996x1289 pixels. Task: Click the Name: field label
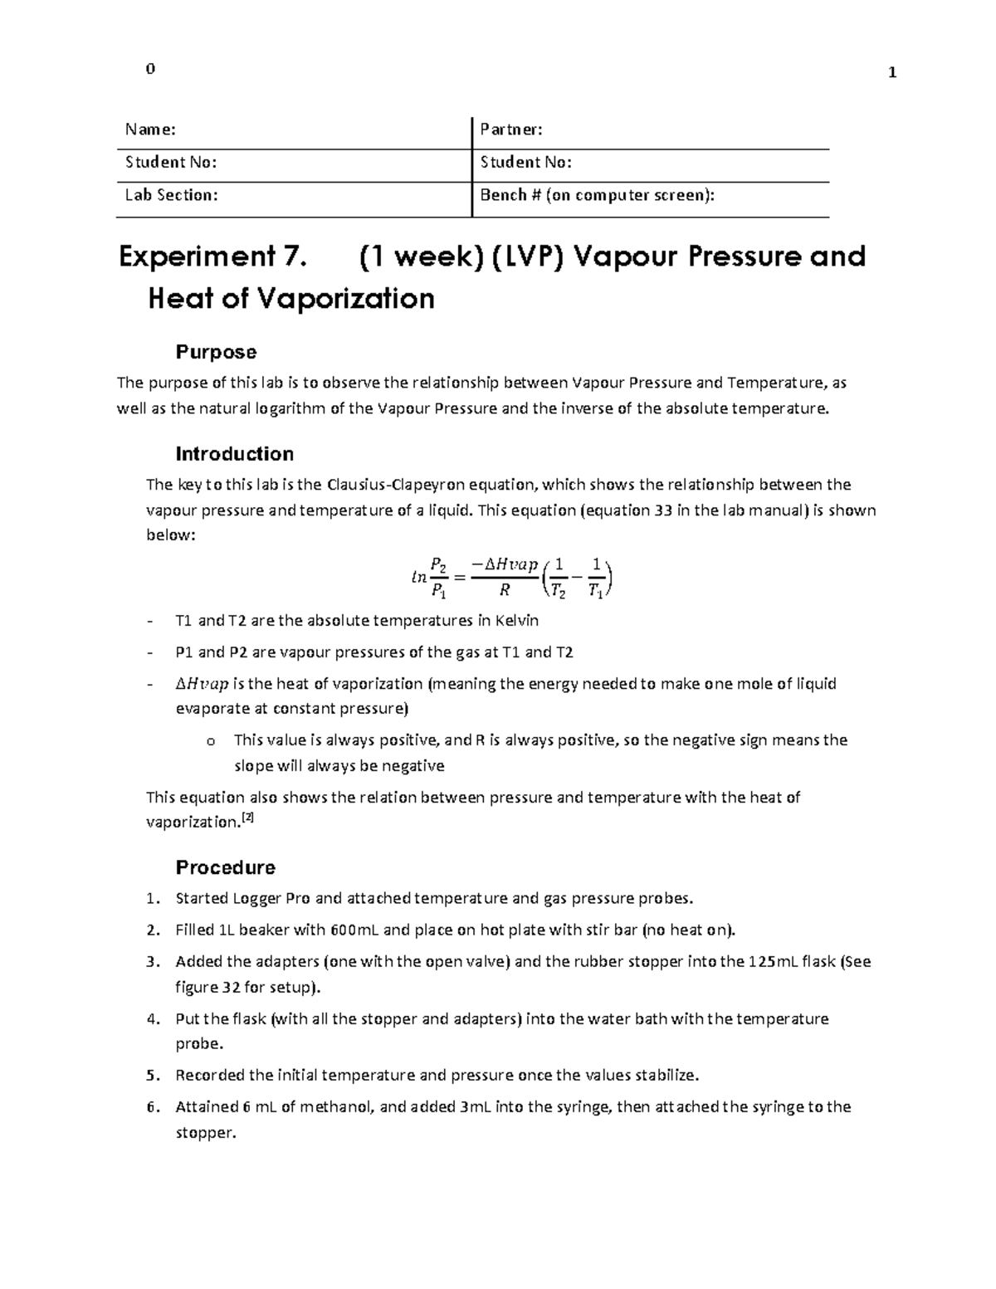(x=150, y=129)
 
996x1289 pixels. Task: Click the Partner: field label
(x=511, y=129)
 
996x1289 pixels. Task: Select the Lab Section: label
(x=172, y=195)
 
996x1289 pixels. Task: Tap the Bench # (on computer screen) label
(x=597, y=195)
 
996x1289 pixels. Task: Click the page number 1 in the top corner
(x=892, y=73)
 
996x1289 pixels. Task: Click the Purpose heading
(x=216, y=352)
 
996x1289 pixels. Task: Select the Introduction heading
(x=234, y=454)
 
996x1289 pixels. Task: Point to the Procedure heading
(x=225, y=867)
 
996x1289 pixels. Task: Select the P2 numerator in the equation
(x=439, y=564)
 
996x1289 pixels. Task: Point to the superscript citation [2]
(x=247, y=818)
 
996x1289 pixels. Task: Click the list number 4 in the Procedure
(x=151, y=1018)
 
